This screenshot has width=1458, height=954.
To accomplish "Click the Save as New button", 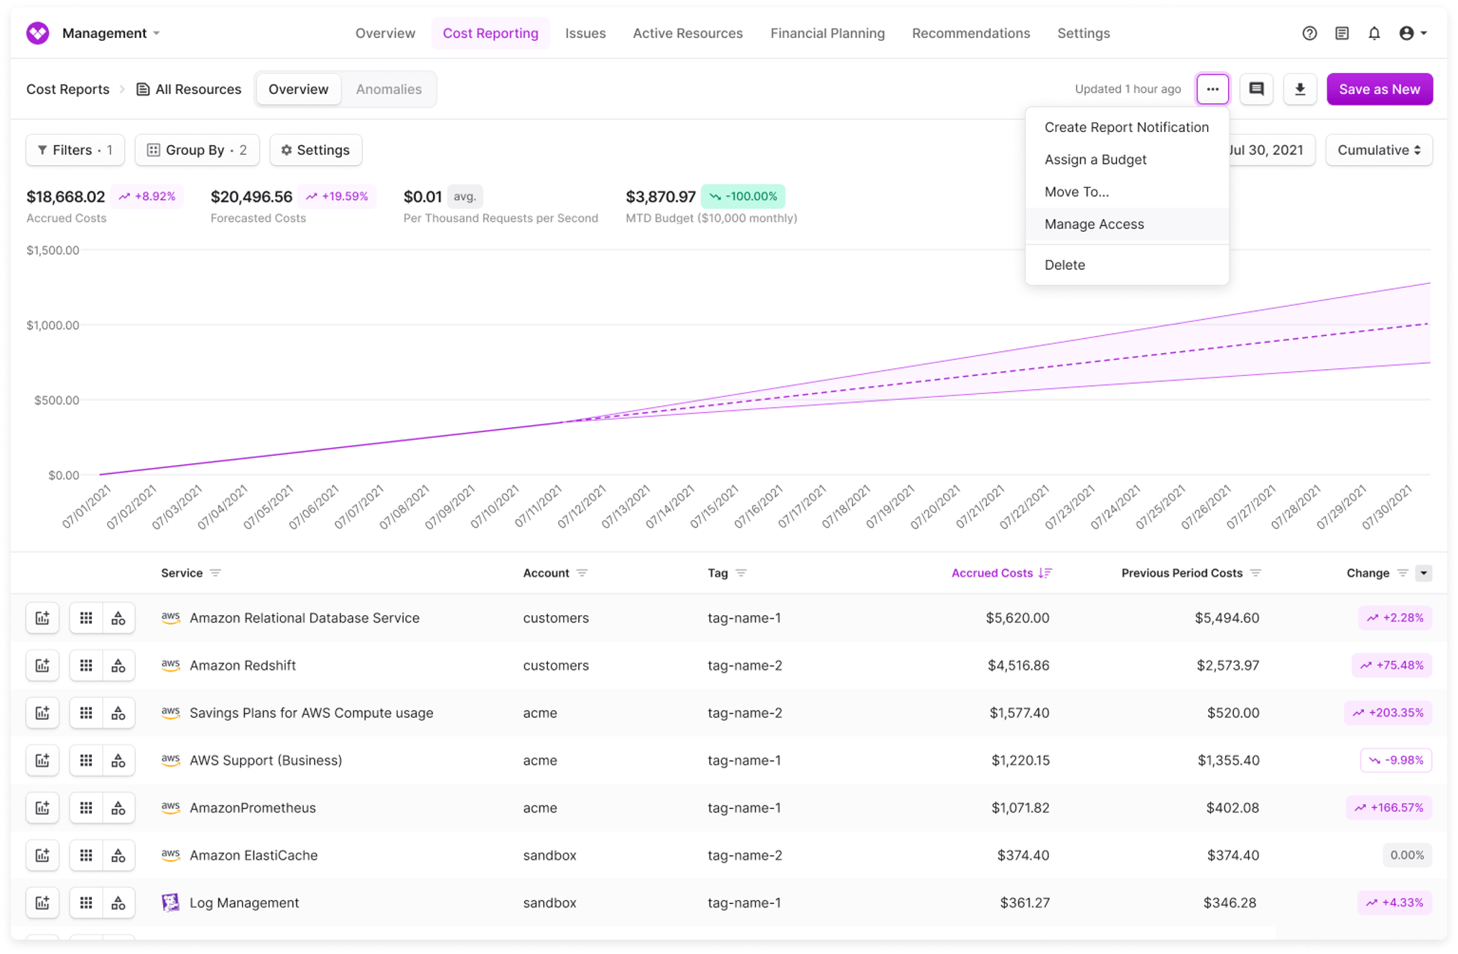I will (1379, 89).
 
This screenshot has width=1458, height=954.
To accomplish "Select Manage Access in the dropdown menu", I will (1094, 224).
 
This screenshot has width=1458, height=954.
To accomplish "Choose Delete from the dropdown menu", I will (1064, 265).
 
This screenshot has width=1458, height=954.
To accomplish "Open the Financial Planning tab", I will (827, 33).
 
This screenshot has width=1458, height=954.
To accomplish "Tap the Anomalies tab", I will (389, 89).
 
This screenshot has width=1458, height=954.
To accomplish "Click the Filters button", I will (75, 150).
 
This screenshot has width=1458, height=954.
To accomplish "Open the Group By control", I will (197, 150).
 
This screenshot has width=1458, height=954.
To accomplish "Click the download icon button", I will (1299, 89).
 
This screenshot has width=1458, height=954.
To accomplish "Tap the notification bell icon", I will (1374, 33).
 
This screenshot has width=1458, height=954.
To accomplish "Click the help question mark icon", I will (1309, 33).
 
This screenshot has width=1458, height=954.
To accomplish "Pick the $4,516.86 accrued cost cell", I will (1018, 665).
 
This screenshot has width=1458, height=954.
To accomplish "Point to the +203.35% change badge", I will (1388, 713).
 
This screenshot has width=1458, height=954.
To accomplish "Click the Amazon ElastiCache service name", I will (254, 855).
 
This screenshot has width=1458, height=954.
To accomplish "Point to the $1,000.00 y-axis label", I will (53, 325).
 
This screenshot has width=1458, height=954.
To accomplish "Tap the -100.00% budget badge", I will (743, 196).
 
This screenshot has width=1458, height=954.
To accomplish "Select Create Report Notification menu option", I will (1126, 127).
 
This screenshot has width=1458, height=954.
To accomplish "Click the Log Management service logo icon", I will (170, 902).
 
